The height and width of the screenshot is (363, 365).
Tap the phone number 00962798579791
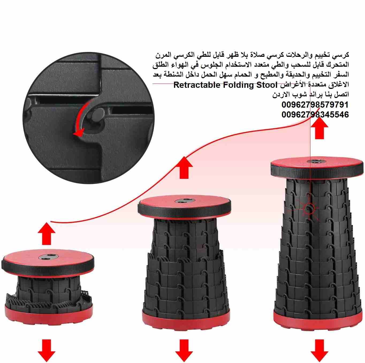click(x=315, y=105)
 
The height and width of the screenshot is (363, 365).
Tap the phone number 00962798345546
click(x=315, y=115)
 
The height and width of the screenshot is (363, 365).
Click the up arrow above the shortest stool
click(x=46, y=234)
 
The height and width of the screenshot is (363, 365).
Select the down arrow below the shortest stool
click(x=46, y=350)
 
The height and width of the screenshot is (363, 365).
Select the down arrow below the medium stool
click(x=184, y=350)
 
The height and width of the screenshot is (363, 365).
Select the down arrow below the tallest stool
click(x=319, y=350)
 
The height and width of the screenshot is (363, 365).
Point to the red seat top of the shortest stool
click(x=48, y=257)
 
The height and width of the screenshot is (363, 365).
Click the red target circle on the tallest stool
click(x=309, y=209)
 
